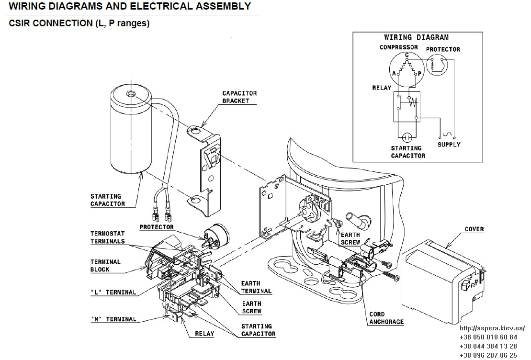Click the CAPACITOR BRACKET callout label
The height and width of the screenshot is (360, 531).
[239, 97]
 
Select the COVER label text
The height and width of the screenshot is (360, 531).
[474, 229]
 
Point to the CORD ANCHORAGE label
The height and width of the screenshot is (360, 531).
[386, 318]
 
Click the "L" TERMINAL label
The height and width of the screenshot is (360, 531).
[113, 292]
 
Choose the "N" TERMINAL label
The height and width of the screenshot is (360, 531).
[113, 319]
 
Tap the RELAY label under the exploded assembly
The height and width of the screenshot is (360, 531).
[204, 334]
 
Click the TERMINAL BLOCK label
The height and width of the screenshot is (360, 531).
[105, 266]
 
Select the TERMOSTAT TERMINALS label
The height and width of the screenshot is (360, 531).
[107, 237]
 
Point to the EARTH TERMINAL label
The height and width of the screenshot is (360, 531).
[256, 287]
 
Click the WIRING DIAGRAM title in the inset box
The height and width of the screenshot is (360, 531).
[416, 37]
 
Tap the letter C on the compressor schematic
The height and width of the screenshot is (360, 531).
[407, 55]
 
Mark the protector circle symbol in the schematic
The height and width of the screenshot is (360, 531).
[437, 66]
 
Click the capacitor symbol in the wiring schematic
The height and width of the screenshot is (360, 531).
[407, 137]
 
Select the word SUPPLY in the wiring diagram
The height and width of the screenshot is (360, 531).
[449, 144]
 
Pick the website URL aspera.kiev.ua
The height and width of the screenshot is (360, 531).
[492, 328]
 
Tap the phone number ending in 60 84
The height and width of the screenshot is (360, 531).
[488, 337]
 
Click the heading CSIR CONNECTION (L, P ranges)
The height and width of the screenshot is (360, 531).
[79, 23]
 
